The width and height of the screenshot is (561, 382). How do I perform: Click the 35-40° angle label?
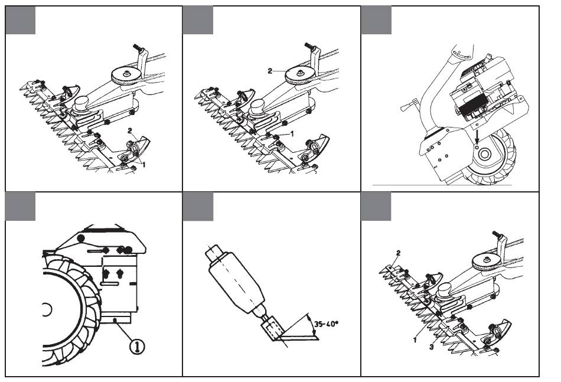point(325,324)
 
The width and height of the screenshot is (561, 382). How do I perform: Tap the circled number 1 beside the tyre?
point(137,346)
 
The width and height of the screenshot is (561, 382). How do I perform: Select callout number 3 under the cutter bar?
point(432,347)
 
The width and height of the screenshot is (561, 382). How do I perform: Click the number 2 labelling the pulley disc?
point(270,71)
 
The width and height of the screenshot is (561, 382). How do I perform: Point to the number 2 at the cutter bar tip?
point(398,253)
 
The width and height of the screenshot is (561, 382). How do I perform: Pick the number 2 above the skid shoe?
point(130,131)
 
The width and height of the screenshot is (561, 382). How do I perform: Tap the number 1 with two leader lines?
point(144,165)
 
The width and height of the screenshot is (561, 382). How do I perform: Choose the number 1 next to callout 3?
point(415,340)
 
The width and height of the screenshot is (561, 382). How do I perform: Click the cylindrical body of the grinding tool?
point(236,283)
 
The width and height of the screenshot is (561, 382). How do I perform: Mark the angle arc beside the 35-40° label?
point(309,324)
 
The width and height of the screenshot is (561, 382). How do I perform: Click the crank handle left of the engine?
point(409,106)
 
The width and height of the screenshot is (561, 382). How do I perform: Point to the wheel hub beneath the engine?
point(484,155)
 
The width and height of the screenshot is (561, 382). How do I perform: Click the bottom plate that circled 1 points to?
point(115,317)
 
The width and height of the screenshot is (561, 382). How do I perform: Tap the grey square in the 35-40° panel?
point(198,207)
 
